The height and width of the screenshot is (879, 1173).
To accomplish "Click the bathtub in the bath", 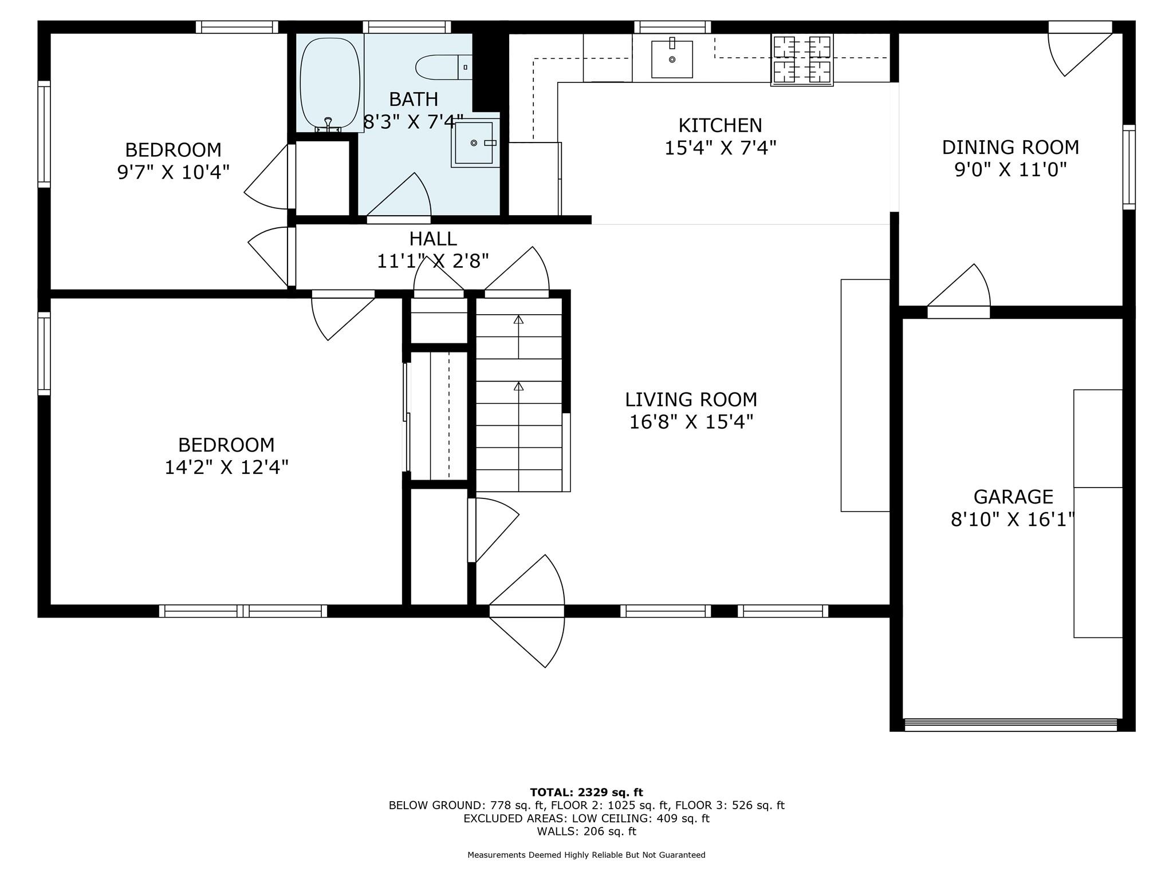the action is pyautogui.click(x=330, y=84).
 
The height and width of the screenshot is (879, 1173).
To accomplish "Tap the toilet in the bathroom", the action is pyautogui.click(x=443, y=68).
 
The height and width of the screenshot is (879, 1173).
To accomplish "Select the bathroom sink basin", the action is pyautogui.click(x=474, y=142).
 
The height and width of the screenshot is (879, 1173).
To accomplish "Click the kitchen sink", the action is pyautogui.click(x=672, y=58).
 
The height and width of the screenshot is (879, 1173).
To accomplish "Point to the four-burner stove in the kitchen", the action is pyautogui.click(x=802, y=60).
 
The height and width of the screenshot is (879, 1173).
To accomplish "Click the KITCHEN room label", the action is pyautogui.click(x=720, y=125).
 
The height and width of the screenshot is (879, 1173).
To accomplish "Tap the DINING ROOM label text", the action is pyautogui.click(x=1010, y=148).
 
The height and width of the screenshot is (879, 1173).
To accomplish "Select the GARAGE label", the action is pyautogui.click(x=1013, y=496).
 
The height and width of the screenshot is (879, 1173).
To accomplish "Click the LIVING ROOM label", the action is pyautogui.click(x=691, y=399).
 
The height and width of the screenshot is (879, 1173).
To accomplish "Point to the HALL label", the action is pyautogui.click(x=433, y=239).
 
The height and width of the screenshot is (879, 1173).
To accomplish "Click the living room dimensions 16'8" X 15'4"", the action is pyautogui.click(x=691, y=422).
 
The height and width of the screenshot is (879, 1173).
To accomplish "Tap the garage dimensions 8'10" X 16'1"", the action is pyautogui.click(x=1013, y=520).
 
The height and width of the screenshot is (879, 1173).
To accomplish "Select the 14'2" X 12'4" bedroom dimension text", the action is pyautogui.click(x=226, y=468).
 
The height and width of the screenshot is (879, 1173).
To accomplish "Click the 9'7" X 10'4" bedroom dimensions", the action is pyautogui.click(x=173, y=172).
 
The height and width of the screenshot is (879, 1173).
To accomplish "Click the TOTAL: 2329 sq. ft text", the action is pyautogui.click(x=586, y=793).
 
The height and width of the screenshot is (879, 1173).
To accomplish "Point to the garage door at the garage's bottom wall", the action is pyautogui.click(x=1010, y=724).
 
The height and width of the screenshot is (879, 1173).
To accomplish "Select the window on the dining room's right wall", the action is pyautogui.click(x=1128, y=167).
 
